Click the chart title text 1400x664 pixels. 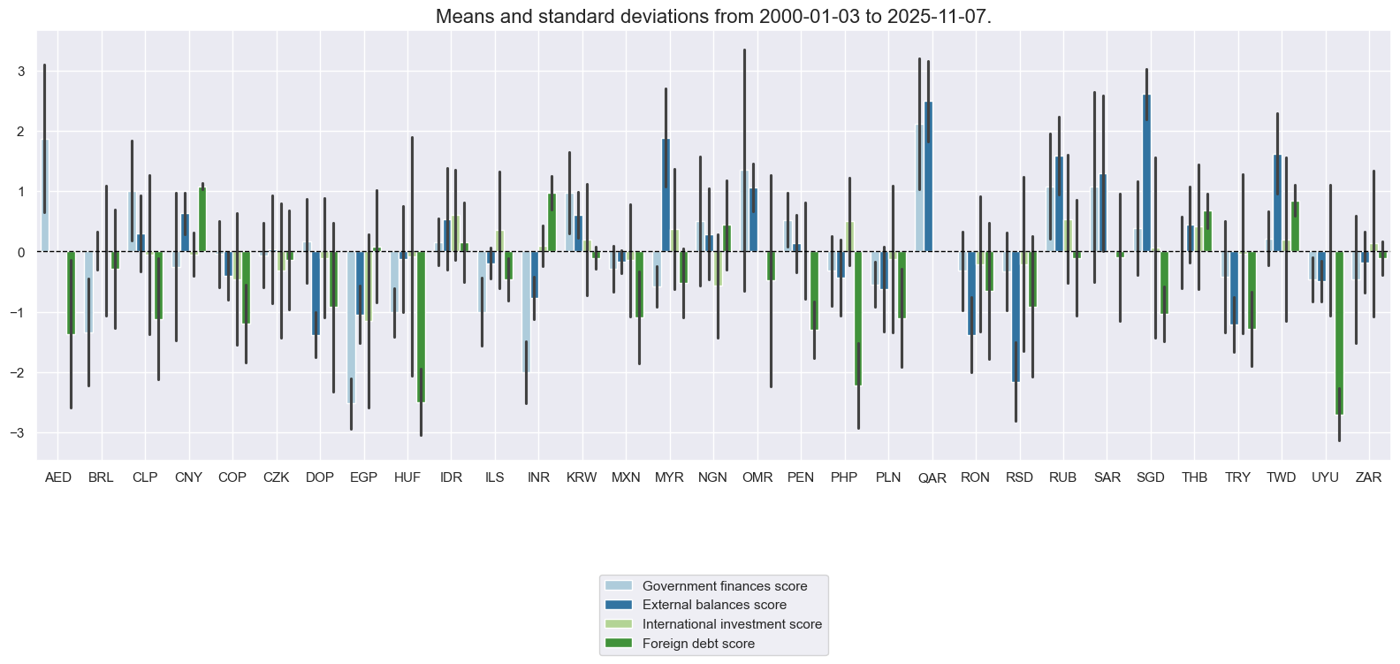click(x=713, y=16)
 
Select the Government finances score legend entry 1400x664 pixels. click(x=725, y=586)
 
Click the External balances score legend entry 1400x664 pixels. click(x=714, y=605)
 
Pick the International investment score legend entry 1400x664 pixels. click(x=732, y=624)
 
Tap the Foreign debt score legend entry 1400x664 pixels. click(x=698, y=644)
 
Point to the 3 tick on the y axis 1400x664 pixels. click(x=20, y=72)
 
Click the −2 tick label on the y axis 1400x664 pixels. click(x=18, y=373)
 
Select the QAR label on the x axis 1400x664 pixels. click(x=932, y=478)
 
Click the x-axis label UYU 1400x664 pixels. click(x=1325, y=477)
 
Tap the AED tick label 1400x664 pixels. click(x=58, y=477)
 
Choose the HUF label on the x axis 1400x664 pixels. click(x=407, y=477)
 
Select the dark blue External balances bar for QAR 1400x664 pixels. click(x=928, y=177)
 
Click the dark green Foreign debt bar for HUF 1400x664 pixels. click(x=421, y=327)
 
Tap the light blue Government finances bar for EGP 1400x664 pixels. click(x=351, y=327)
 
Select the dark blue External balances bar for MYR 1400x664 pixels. click(x=666, y=195)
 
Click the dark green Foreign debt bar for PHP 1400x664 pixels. click(x=857, y=318)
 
